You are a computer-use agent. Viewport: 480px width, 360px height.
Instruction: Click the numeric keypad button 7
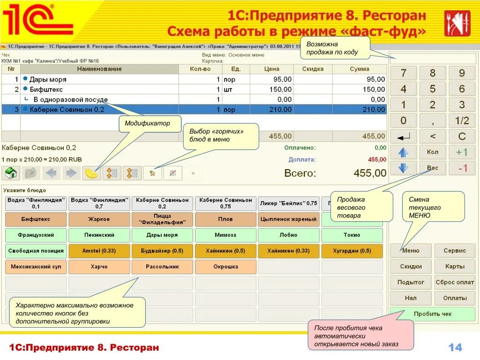pyautogui.click(x=403, y=73)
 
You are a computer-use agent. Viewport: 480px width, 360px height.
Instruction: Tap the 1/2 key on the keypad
pyautogui.click(x=462, y=121)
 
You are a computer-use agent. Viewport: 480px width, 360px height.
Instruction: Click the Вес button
pyautogui.click(x=432, y=168)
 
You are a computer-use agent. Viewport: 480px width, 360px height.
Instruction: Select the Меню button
pyautogui.click(x=411, y=250)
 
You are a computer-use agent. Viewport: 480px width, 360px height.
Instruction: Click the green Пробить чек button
pyautogui.click(x=433, y=314)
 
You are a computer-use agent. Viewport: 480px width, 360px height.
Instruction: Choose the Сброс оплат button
pyautogui.click(x=455, y=282)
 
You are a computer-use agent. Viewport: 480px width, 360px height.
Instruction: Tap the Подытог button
pyautogui.click(x=411, y=282)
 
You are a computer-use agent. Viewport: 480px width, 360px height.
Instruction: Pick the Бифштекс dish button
pyautogui.click(x=36, y=219)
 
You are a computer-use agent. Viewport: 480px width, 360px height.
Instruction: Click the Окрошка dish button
pyautogui.click(x=225, y=267)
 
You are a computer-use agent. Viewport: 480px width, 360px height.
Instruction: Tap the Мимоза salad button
pyautogui.click(x=225, y=235)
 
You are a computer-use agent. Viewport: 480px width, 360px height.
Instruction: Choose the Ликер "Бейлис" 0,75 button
pyautogui.click(x=288, y=203)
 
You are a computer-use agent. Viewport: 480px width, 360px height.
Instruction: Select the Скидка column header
pyautogui.click(x=313, y=69)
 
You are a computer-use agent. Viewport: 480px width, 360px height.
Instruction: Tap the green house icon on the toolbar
pyautogui.click(x=11, y=173)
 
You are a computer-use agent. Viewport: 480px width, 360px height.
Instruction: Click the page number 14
pyautogui.click(x=455, y=347)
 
